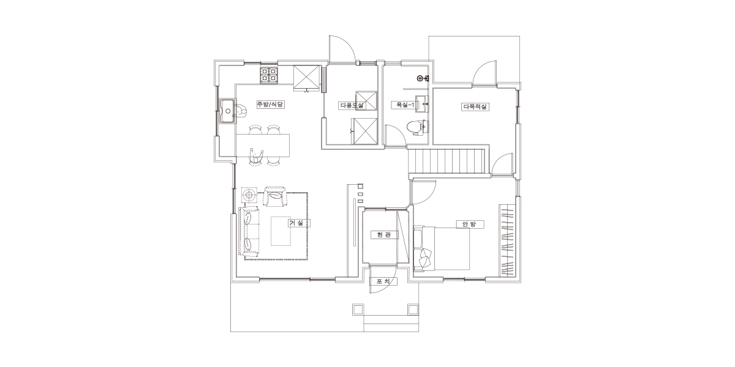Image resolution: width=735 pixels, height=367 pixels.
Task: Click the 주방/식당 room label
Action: coord(270,105)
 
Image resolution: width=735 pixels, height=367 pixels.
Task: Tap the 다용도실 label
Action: coord(352,105)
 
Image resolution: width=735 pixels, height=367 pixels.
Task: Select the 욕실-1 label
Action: coord(405,105)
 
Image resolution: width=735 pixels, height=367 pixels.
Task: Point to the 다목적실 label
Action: coord(475,106)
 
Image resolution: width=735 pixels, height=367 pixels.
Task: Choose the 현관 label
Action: coord(384,235)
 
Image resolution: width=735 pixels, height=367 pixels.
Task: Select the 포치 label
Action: coord(383,281)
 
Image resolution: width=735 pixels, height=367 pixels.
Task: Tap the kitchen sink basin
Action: coord(227,111)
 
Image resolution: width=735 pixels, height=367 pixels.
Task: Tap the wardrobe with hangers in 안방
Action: coord(508,241)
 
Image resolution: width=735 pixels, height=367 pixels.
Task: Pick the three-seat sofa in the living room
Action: coord(249,231)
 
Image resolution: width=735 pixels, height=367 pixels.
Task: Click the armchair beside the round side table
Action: coord(275,196)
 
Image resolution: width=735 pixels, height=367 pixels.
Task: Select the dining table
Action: coord(263,145)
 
